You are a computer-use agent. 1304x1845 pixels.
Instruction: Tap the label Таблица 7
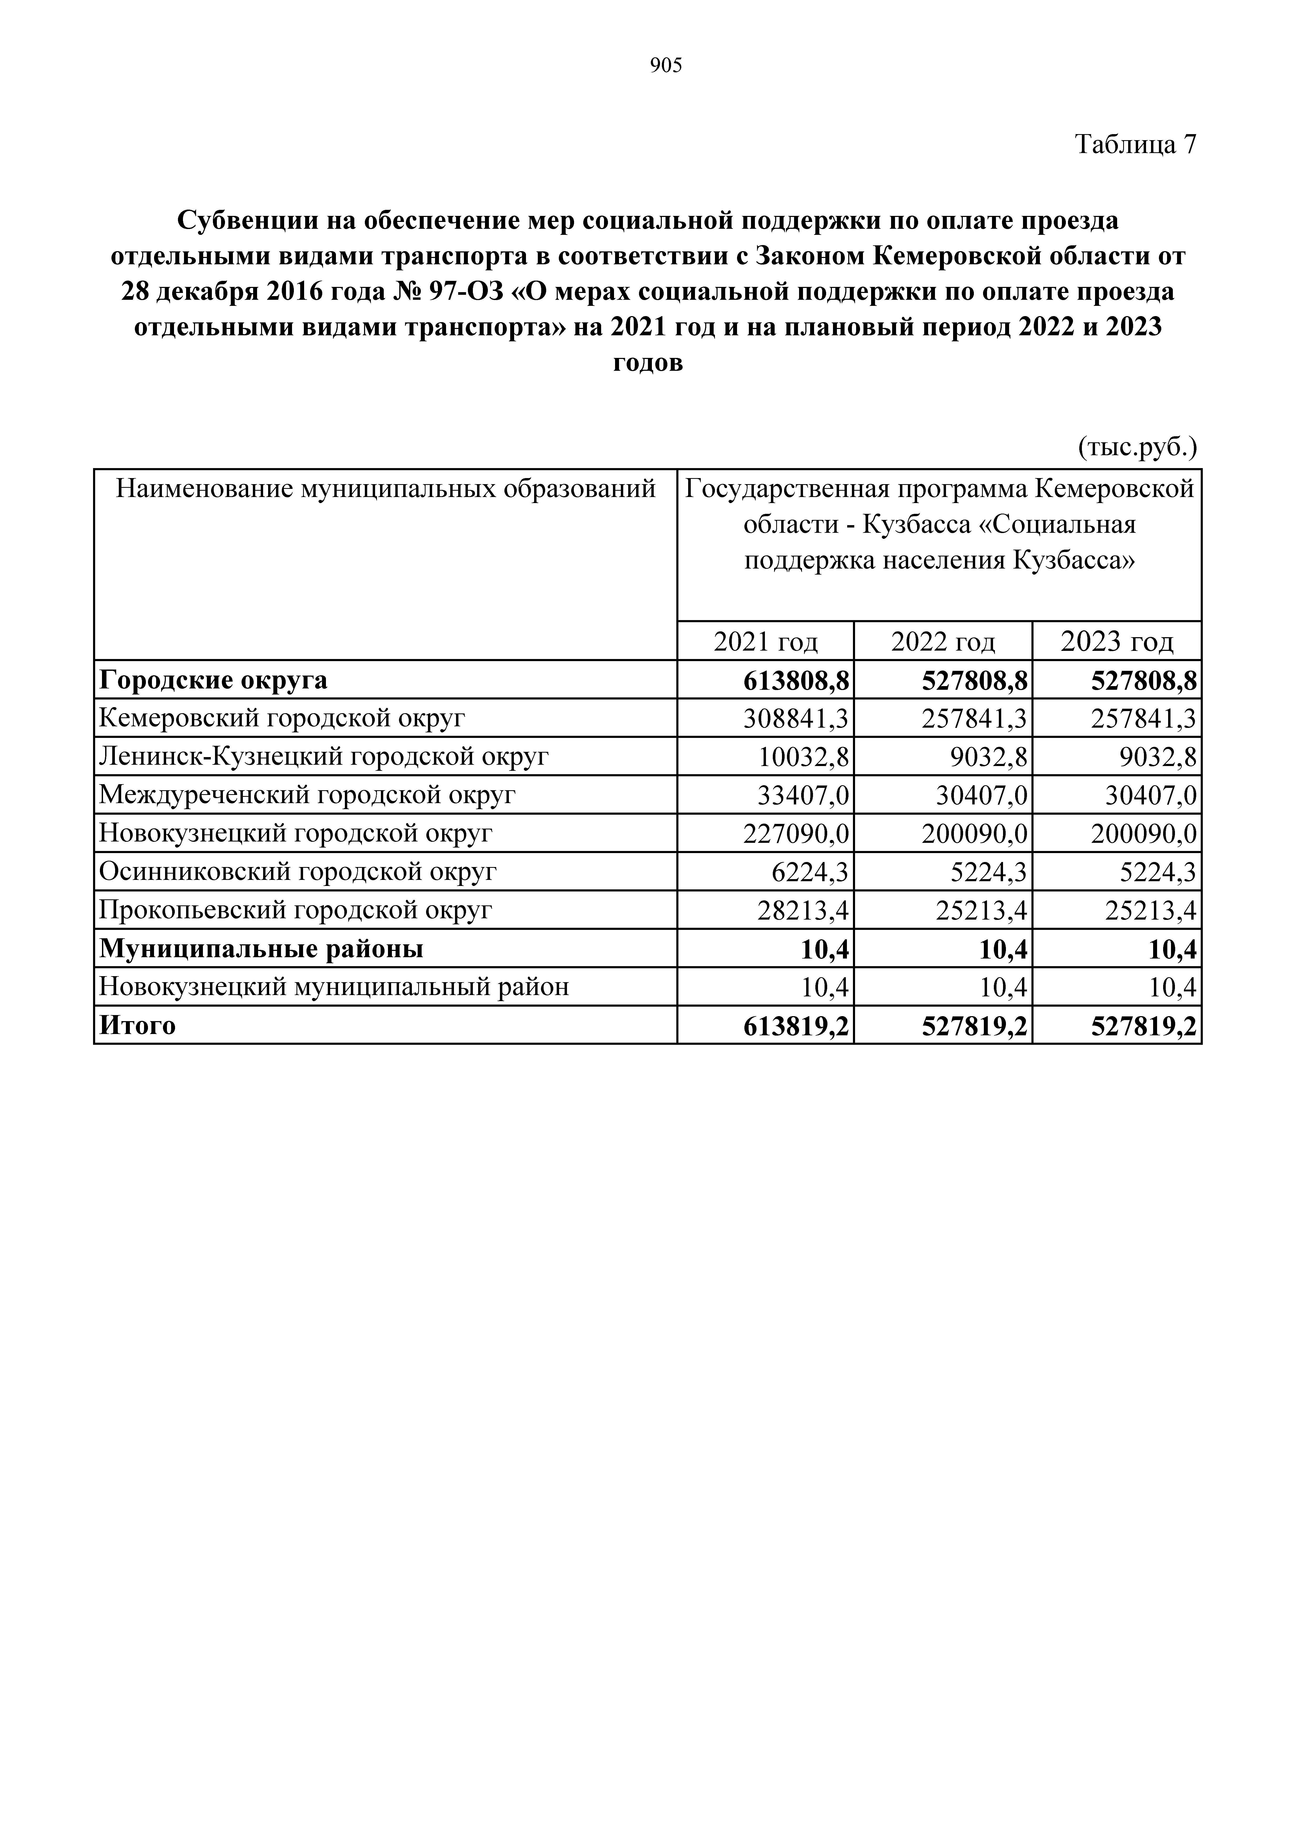coord(1135,145)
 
